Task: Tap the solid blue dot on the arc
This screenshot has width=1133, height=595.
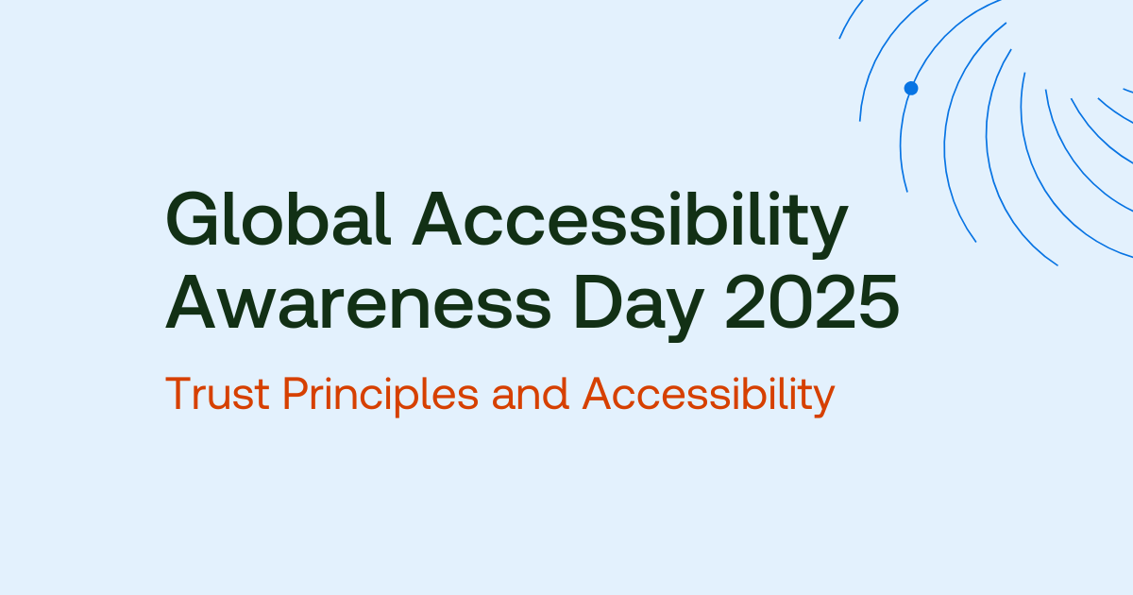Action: pos(911,88)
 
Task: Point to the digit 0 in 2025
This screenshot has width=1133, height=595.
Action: pos(802,304)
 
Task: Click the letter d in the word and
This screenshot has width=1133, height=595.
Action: pos(558,395)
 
